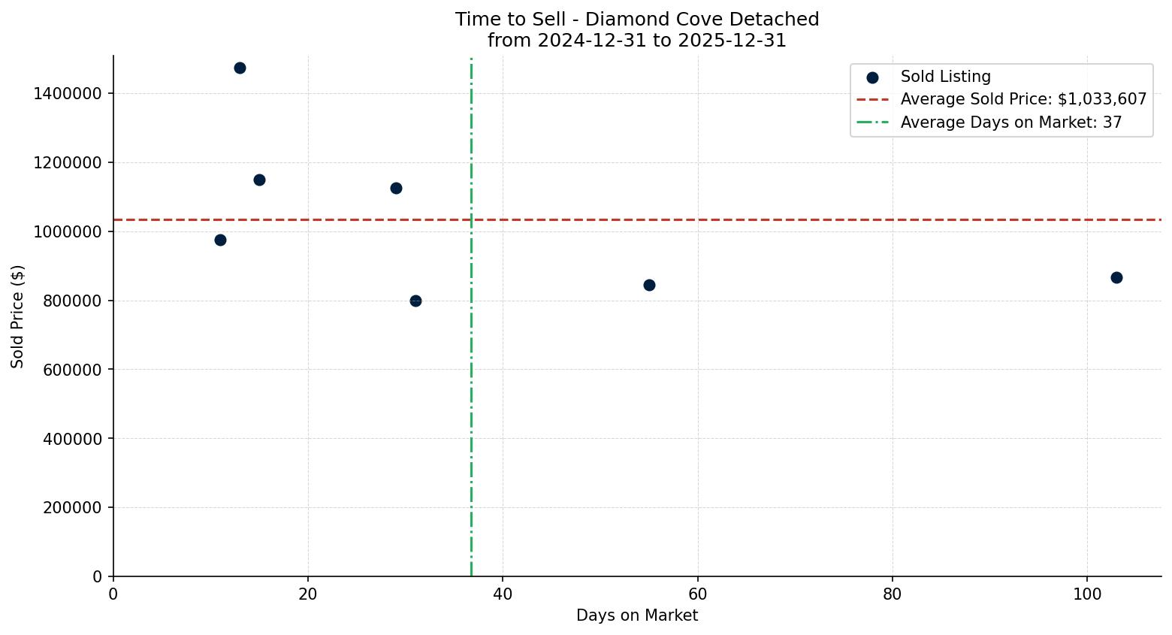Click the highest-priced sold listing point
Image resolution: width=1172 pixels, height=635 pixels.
pos(240,68)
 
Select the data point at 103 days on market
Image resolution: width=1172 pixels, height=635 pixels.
pos(1116,278)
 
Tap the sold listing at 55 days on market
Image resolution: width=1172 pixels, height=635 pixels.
pos(649,286)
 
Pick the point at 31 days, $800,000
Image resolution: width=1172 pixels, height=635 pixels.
pos(415,301)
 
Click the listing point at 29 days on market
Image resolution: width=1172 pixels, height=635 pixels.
pos(396,189)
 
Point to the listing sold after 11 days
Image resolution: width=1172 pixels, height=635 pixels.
pos(220,240)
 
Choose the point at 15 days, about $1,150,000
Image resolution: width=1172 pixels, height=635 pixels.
pos(259,180)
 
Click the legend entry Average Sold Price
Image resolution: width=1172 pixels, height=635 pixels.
pos(1023,99)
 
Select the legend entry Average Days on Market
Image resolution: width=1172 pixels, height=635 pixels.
pos(1010,122)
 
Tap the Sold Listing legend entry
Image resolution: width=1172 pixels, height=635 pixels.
pos(945,77)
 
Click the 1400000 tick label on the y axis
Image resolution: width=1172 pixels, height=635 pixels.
pos(68,94)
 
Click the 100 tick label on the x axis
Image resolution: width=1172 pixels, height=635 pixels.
pos(1087,594)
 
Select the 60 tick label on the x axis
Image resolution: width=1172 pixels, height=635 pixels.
pos(698,594)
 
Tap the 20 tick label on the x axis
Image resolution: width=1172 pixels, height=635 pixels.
pos(308,594)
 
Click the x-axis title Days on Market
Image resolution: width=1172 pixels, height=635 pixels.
pos(637,616)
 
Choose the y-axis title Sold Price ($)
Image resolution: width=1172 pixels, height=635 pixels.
pos(18,316)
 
